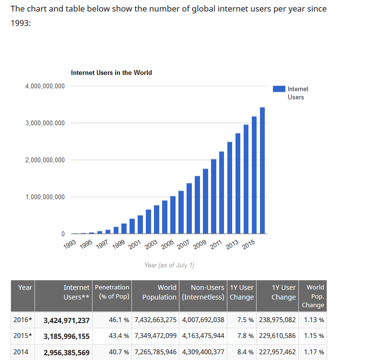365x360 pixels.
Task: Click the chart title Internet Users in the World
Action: (x=111, y=73)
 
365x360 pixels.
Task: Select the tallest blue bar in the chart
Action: (x=262, y=170)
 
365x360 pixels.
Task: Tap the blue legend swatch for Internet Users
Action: (x=279, y=89)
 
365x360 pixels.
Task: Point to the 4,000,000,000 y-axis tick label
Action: (x=45, y=86)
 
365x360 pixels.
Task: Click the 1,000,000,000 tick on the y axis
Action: (x=45, y=197)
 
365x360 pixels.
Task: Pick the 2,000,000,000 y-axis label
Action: (x=45, y=160)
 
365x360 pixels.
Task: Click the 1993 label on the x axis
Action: (x=70, y=243)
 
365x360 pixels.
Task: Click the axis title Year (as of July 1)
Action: (x=169, y=265)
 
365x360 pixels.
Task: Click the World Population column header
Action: (x=159, y=292)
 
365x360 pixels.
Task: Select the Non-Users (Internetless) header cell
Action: (x=203, y=292)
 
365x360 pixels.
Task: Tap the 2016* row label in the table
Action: (x=23, y=320)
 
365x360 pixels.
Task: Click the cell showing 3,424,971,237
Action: (x=67, y=321)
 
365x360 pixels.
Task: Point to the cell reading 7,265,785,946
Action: (x=156, y=352)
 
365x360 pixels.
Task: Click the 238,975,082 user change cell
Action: (x=277, y=320)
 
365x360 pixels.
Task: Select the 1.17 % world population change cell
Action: (x=314, y=352)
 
